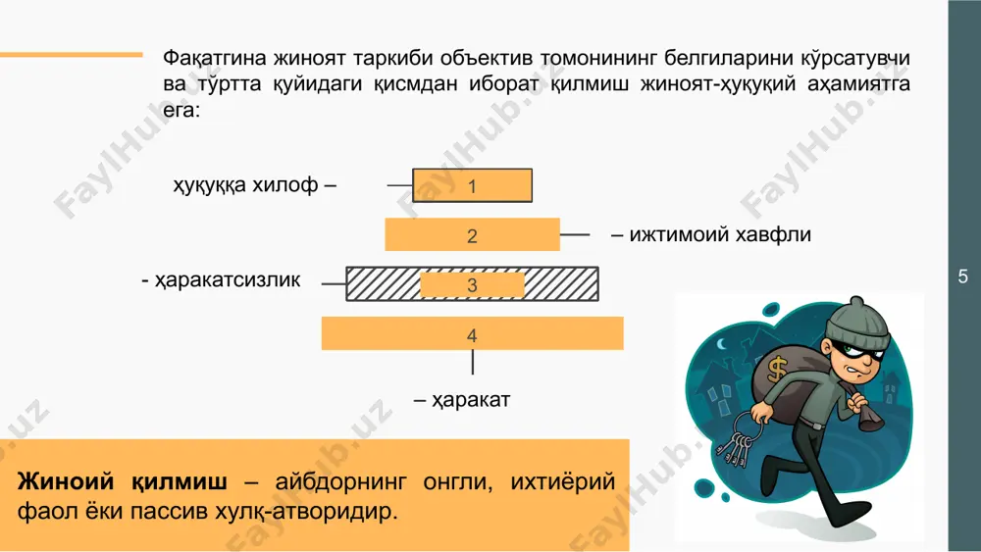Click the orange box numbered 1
click(473, 185)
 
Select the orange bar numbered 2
click(473, 234)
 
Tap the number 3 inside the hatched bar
click(473, 285)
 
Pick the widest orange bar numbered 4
click(473, 333)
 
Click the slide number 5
click(963, 276)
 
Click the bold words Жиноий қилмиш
click(123, 482)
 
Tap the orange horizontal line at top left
click(72, 54)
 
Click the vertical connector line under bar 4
click(473, 362)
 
